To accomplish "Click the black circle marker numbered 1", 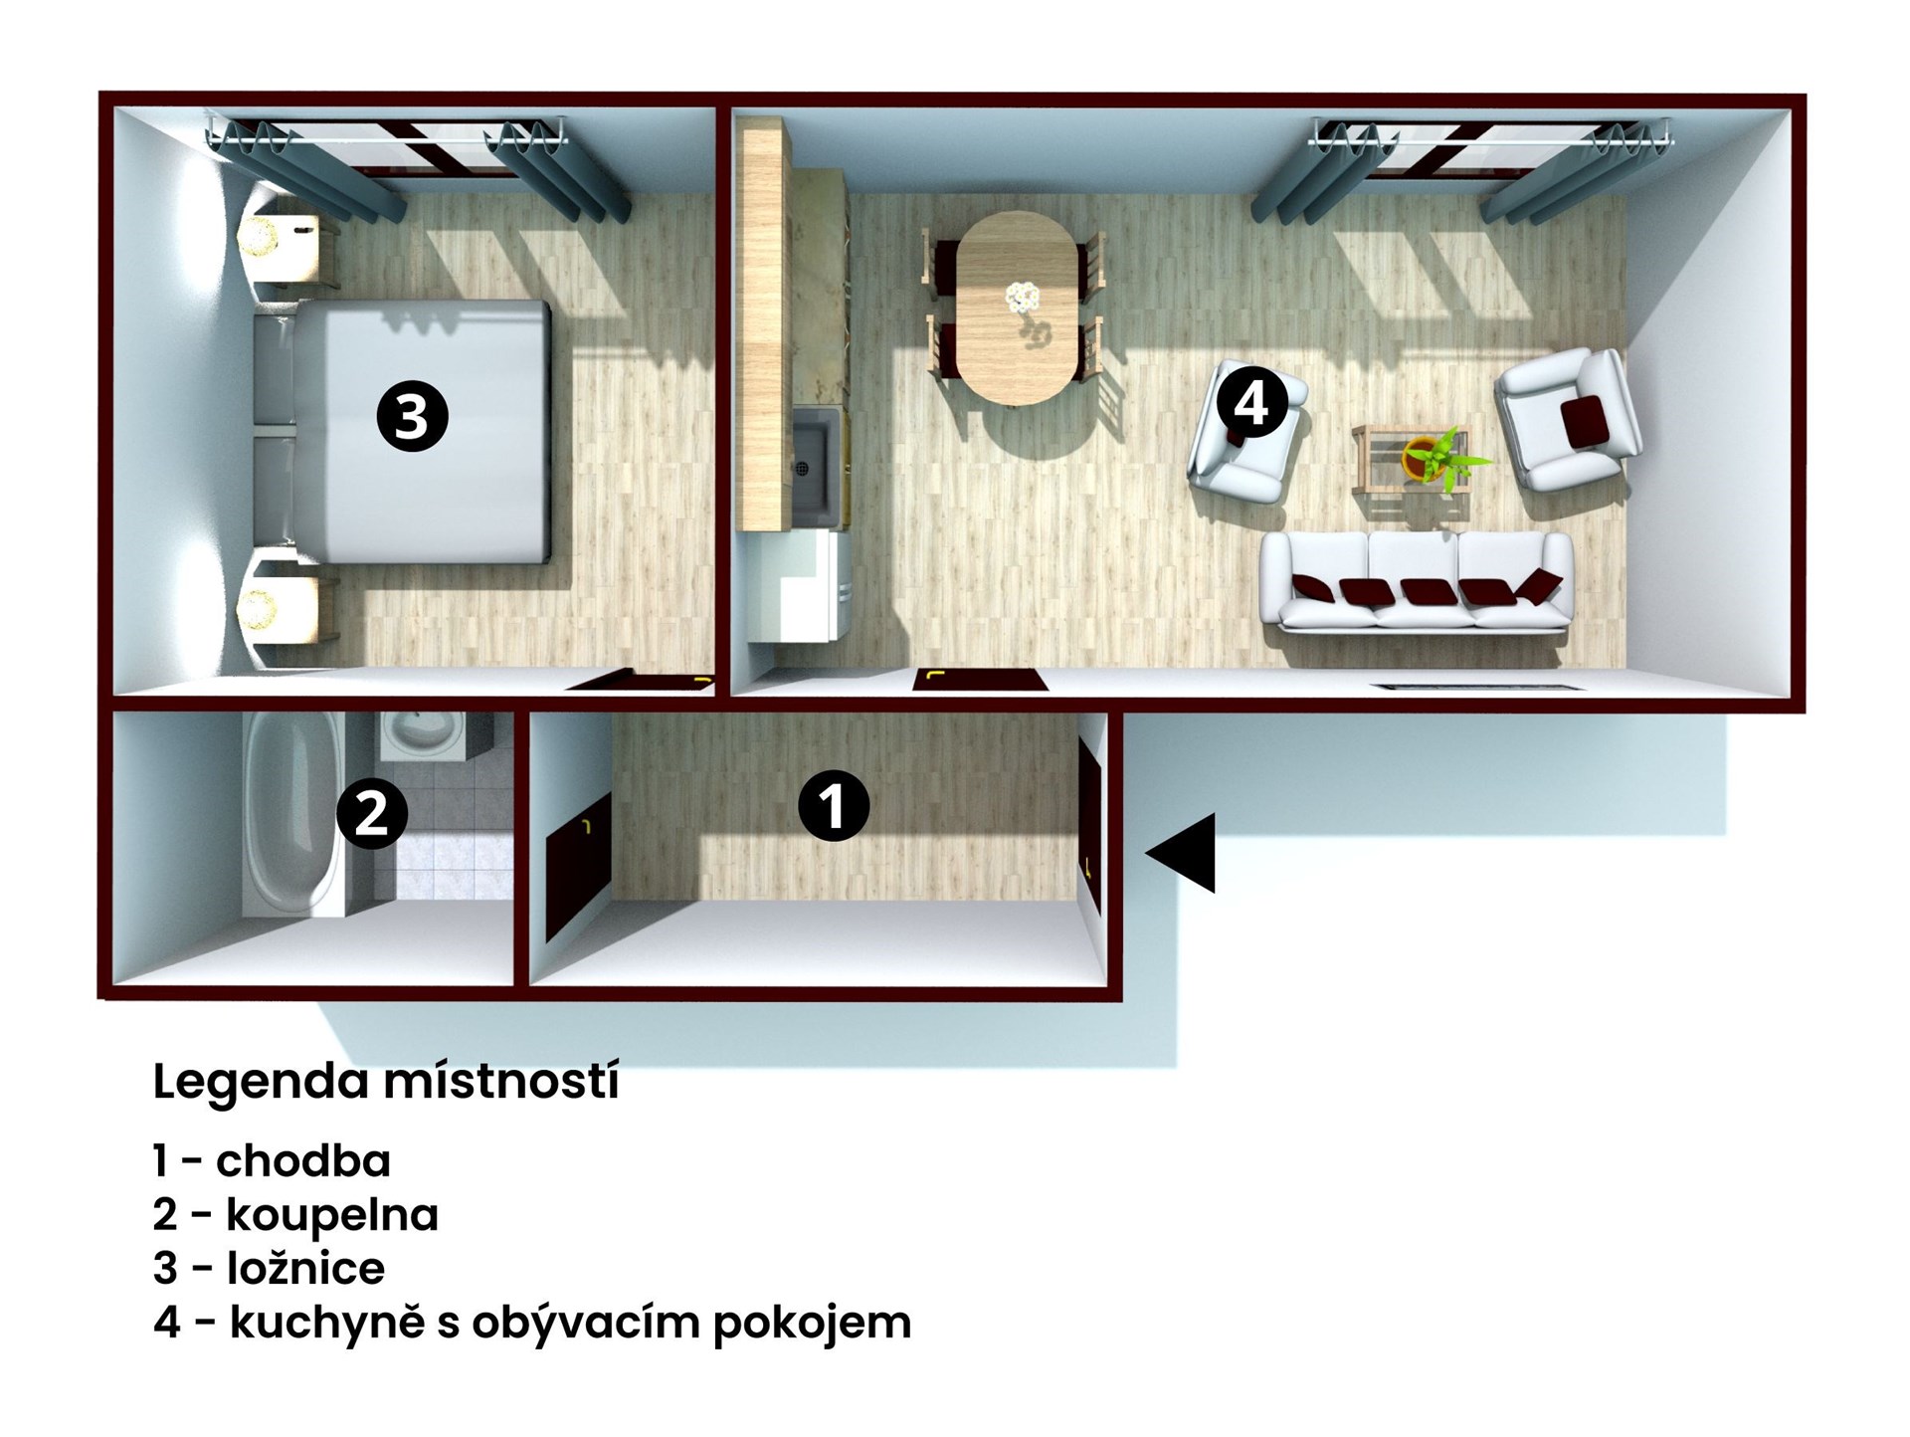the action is (x=834, y=805).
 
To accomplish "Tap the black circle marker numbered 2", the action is (x=372, y=814).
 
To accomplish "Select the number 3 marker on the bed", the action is (x=412, y=416).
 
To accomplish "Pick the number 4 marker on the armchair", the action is (x=1251, y=404).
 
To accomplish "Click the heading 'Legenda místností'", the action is (x=386, y=1083).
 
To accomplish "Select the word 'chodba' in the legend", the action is (x=303, y=1160).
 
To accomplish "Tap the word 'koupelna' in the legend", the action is (x=332, y=1215).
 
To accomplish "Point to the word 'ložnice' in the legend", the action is (x=306, y=1268).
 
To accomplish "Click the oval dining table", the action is (x=1016, y=308).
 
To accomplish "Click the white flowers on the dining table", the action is (x=1022, y=297).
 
